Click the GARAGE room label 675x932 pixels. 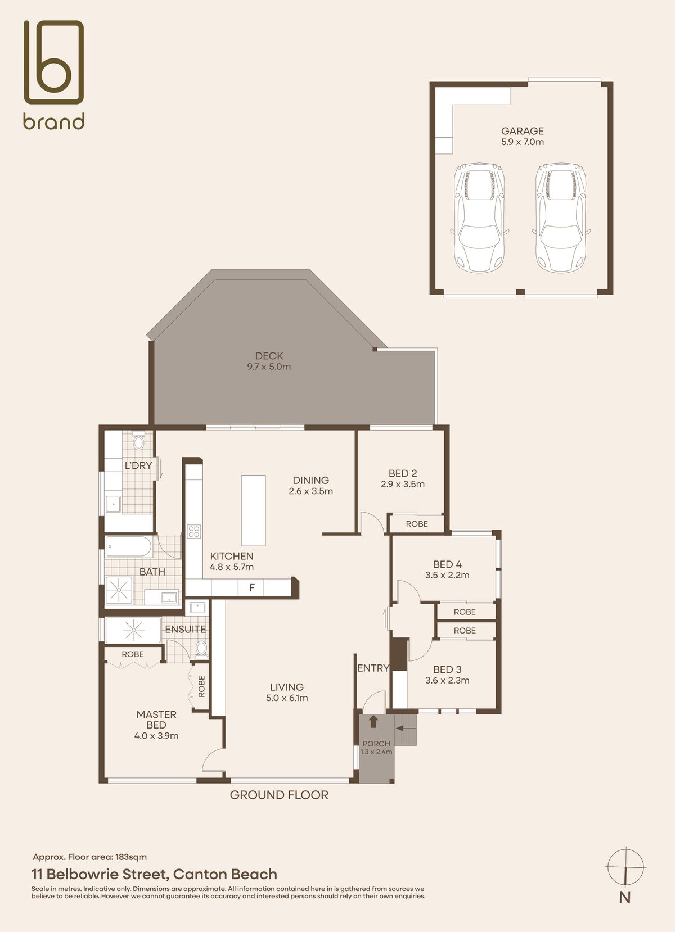click(522, 131)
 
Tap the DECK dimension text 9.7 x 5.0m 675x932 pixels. click(269, 367)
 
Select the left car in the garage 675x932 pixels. click(479, 218)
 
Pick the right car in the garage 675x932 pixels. click(561, 218)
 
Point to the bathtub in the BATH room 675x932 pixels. click(129, 547)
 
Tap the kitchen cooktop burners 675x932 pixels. click(194, 531)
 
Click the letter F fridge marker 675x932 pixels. click(251, 588)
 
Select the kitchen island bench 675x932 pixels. click(254, 510)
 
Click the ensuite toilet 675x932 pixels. click(201, 649)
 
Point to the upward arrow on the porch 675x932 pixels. click(373, 721)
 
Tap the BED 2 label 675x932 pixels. click(403, 473)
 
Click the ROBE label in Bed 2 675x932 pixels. click(417, 524)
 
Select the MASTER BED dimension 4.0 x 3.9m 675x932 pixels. click(156, 736)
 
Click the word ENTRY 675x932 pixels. click(373, 668)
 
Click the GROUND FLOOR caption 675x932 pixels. click(279, 795)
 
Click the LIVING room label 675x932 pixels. click(287, 687)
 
